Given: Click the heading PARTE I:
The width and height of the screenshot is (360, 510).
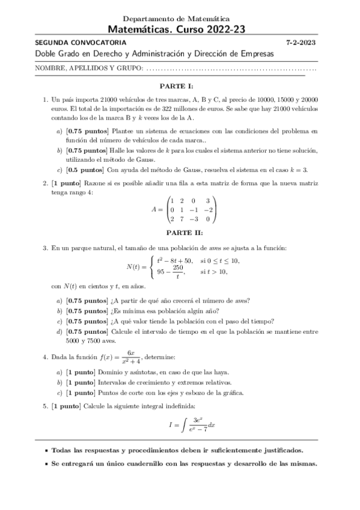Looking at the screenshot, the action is click(179, 86).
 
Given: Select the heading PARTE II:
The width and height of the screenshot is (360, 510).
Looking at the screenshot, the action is click(179, 232).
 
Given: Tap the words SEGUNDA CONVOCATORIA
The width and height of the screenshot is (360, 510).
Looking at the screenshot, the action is click(81, 43).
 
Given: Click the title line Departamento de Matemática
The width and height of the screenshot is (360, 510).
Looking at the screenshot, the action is click(180, 19).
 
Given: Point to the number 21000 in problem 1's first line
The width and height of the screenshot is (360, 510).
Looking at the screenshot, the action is click(102, 99).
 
